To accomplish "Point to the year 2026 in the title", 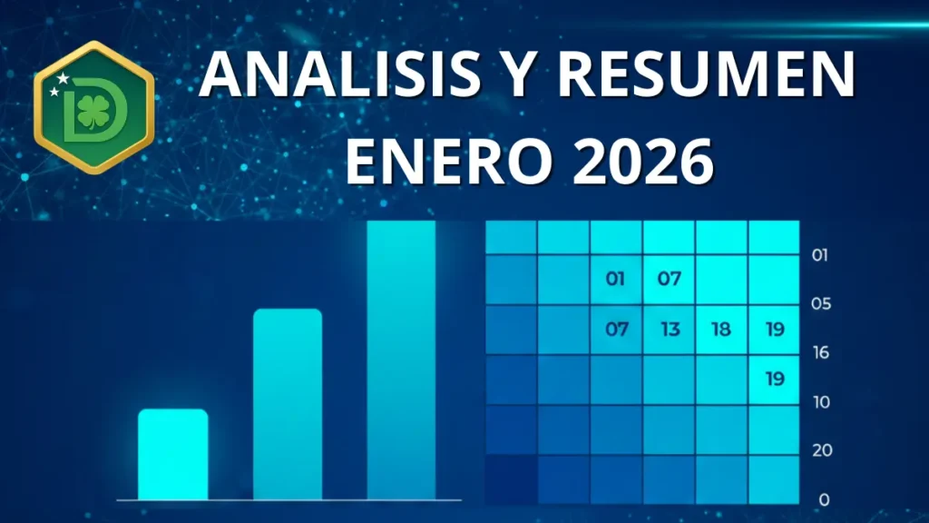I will (638, 162).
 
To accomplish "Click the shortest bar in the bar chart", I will (172, 454).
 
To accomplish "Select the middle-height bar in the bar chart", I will (287, 404).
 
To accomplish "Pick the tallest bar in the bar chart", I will (401, 360).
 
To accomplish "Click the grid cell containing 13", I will (670, 330).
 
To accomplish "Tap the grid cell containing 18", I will (721, 330).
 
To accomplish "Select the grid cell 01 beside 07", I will (616, 279).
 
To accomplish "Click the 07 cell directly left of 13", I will (617, 330).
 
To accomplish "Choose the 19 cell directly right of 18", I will (774, 330).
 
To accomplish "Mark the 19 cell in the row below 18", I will (774, 380).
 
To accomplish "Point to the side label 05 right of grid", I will (820, 304).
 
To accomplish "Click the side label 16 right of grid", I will (820, 353).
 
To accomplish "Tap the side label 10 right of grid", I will (820, 402).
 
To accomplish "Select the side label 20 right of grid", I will (820, 451).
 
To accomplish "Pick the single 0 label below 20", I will (824, 499).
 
